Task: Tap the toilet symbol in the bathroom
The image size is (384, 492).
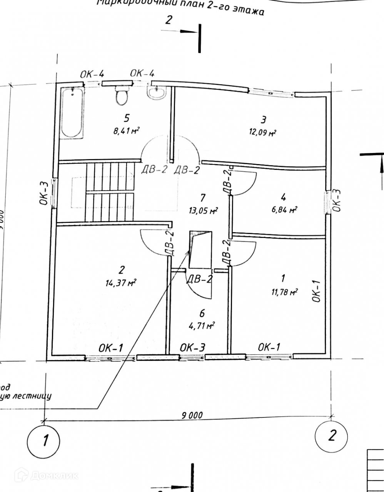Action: (122, 96)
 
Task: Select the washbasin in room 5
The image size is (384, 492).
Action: (156, 93)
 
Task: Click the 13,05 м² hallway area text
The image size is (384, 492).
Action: (204, 210)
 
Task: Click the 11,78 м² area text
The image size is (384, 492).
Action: (284, 292)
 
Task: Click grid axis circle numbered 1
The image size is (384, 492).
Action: (44, 439)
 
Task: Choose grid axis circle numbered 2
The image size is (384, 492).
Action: (331, 436)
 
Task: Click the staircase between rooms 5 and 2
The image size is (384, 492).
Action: (110, 192)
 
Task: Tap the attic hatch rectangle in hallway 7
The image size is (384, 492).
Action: (201, 249)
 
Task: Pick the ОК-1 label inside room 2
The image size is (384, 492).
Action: (110, 348)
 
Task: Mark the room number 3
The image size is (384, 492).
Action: (263, 120)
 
